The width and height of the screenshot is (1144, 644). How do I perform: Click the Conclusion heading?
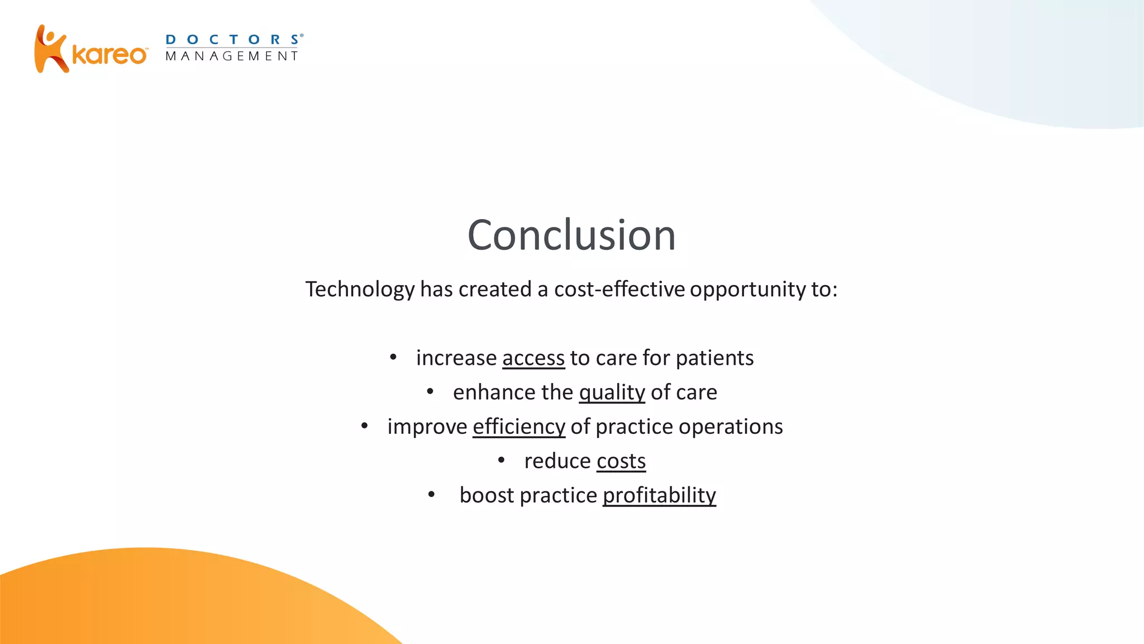pos(571,235)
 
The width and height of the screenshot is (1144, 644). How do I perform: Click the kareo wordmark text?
pos(109,55)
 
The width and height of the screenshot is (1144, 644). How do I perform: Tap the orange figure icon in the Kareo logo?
pos(50,49)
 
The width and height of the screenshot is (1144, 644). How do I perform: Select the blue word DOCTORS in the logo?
pos(233,40)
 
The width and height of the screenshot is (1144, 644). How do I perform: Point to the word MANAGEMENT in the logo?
pos(232,56)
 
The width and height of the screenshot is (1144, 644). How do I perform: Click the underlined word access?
pos(533,358)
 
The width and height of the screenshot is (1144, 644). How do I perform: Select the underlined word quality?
pos(612,392)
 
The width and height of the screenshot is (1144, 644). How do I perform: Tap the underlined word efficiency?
pos(518,427)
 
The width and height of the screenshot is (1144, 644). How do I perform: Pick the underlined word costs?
pos(621,461)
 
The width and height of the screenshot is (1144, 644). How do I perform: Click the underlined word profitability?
pos(659,495)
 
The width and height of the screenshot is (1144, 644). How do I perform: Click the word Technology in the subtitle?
pos(360,290)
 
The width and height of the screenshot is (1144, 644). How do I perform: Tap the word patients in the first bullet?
pos(714,358)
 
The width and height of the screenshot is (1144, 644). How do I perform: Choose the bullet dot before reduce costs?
pos(501,461)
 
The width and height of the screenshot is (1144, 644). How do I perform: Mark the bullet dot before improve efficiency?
pos(364,427)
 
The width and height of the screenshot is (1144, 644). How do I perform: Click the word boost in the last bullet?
pos(487,495)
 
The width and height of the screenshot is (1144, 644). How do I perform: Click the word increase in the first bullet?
pos(456,358)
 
